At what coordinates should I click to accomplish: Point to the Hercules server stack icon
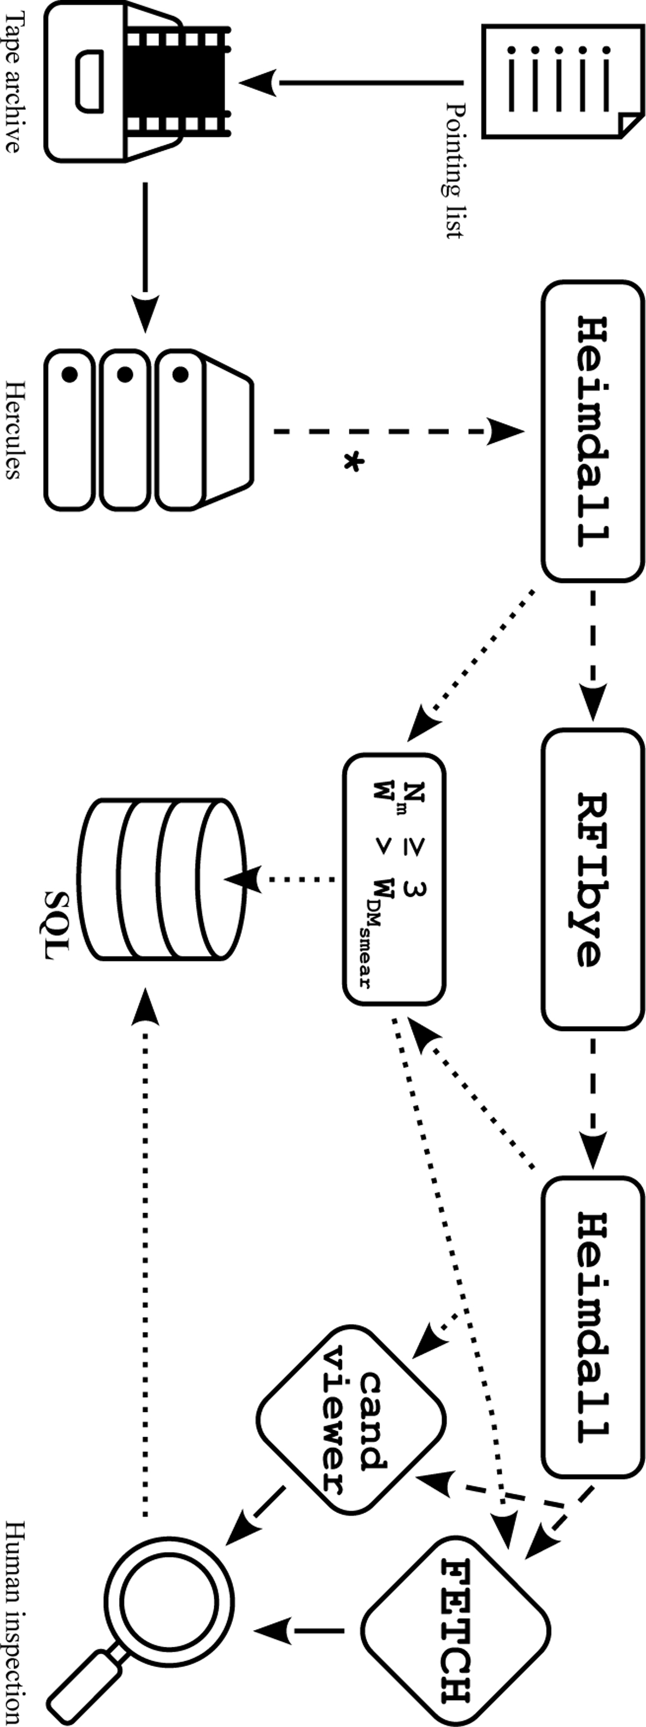148,430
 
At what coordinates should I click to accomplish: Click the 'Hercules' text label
13,430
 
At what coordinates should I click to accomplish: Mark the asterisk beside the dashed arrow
353,463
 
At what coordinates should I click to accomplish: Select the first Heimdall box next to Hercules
592,430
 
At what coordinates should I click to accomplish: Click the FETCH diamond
455,1631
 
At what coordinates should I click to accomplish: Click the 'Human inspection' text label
13,1622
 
